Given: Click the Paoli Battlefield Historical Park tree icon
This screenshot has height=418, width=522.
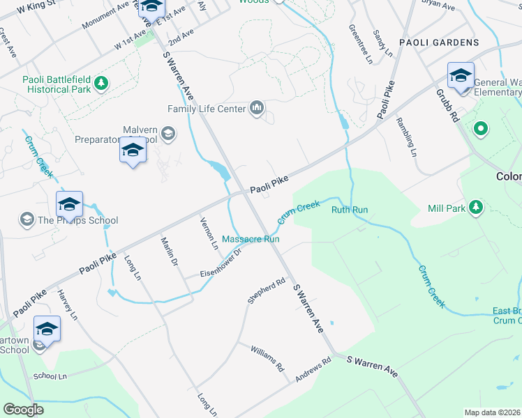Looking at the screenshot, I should [102, 84].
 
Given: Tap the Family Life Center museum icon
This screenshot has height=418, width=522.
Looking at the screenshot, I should [257, 108].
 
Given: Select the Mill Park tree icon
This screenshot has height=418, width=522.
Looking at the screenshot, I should [476, 207].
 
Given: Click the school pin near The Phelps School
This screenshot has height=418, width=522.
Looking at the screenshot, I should [70, 205].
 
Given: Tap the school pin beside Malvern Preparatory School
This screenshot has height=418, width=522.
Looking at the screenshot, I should [132, 150].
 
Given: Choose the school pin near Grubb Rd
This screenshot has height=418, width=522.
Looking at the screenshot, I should [461, 75].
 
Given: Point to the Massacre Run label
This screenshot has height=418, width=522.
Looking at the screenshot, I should [251, 239].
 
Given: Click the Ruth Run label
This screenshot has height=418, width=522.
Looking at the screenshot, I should [349, 210].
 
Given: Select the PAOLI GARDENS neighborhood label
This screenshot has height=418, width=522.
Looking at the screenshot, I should [439, 42].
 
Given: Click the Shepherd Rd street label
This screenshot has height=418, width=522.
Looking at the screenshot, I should [267, 291].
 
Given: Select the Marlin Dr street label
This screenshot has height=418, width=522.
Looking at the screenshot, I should [170, 251].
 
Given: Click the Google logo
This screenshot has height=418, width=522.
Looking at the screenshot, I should [23, 410].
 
